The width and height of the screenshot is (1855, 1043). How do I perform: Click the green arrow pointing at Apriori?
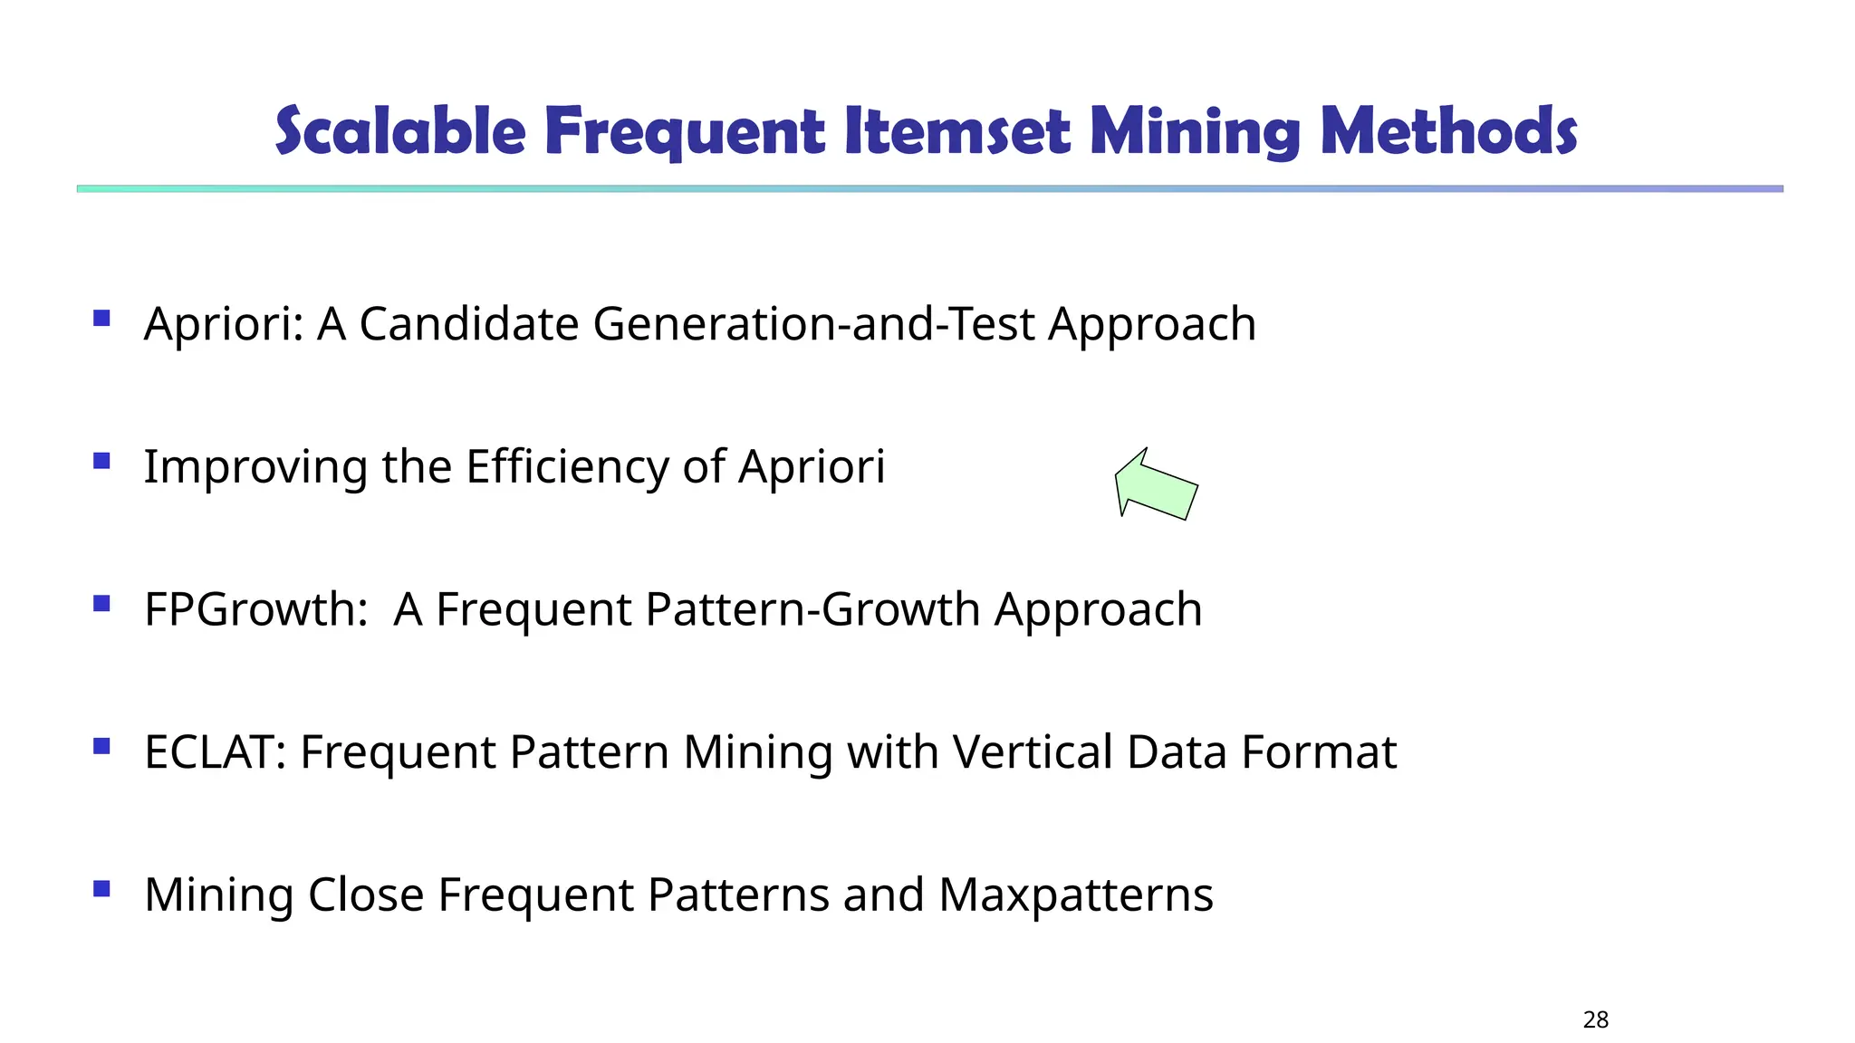click(1157, 485)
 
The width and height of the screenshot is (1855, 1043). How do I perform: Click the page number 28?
click(1595, 1020)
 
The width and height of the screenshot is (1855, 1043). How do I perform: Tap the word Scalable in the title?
click(399, 131)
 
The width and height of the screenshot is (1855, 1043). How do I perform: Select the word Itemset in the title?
click(957, 131)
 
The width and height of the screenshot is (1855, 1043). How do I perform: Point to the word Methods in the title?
click(1448, 131)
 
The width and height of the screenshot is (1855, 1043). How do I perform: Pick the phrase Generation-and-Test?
click(813, 324)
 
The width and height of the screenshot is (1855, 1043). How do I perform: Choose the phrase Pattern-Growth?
click(812, 609)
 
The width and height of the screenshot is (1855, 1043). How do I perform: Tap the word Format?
click(1319, 752)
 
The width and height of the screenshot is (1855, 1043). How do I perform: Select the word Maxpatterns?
click(1076, 895)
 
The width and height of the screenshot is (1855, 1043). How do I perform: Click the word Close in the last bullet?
click(366, 895)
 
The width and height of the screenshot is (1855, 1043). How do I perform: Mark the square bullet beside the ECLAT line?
click(101, 746)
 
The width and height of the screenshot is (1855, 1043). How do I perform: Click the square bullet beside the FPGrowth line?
click(101, 603)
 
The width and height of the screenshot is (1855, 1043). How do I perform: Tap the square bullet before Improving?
click(101, 461)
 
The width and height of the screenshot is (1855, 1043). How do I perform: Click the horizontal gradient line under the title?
click(929, 188)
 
